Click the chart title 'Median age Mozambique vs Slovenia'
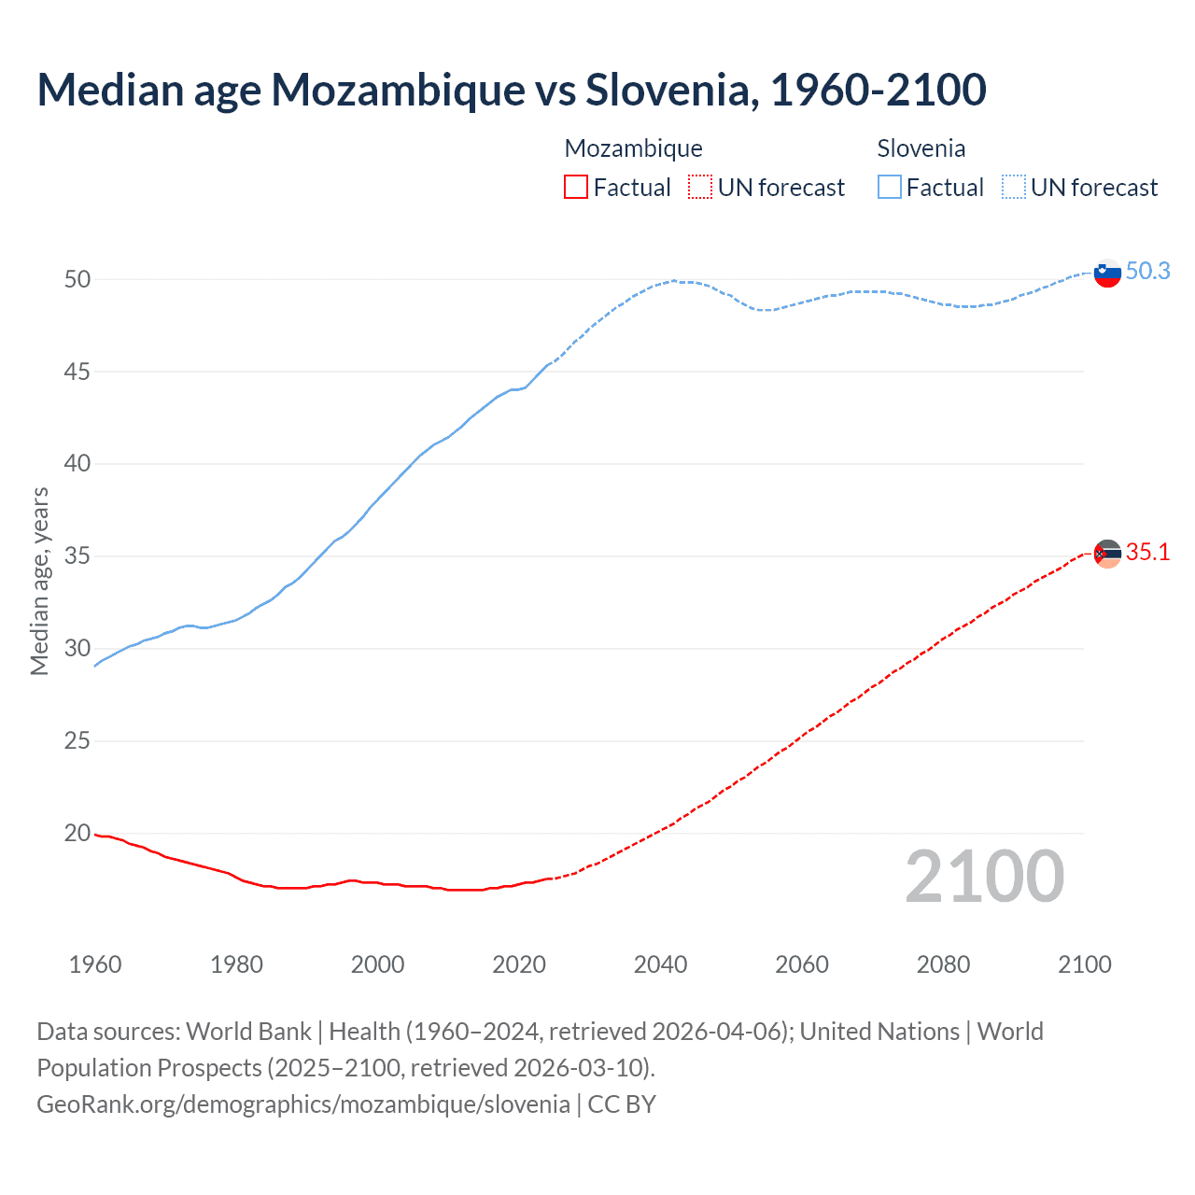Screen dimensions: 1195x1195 point(511,90)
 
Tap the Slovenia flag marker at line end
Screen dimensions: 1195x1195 point(1106,274)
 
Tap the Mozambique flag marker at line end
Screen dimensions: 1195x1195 point(1106,554)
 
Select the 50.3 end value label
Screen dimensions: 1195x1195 point(1147,271)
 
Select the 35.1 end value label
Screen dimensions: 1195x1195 point(1147,552)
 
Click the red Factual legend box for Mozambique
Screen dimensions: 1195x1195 point(576,188)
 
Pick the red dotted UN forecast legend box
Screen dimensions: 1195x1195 point(700,188)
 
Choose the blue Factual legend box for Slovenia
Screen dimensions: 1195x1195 point(890,188)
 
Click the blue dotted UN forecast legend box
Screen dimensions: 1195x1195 point(1014,188)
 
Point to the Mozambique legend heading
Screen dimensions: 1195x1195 point(633,148)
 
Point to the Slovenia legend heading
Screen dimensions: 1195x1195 point(921,148)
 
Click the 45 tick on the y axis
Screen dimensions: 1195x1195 point(77,372)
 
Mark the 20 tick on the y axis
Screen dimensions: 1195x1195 point(77,833)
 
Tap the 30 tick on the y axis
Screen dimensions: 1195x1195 point(77,648)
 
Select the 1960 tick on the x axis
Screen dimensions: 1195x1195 point(95,964)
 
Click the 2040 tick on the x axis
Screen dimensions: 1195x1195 point(660,964)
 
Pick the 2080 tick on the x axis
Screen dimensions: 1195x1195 point(943,964)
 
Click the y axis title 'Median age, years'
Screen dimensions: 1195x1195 point(39,581)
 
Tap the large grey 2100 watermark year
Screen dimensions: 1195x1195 point(984,877)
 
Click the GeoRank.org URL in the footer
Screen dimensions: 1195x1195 point(303,1104)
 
